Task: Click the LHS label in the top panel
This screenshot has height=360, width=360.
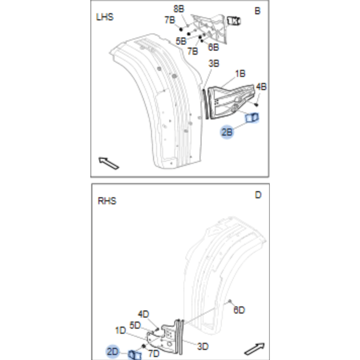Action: click(105, 17)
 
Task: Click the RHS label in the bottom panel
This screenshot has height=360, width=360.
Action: click(107, 201)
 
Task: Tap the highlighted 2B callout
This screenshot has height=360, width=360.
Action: click(227, 132)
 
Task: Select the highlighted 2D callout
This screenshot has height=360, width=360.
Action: click(113, 351)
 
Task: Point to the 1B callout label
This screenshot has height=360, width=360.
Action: click(240, 73)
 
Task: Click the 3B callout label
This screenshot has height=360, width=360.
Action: click(214, 63)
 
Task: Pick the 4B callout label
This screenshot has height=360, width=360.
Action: click(261, 87)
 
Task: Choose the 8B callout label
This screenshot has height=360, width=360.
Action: click(179, 9)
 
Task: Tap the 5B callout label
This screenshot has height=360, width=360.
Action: click(181, 41)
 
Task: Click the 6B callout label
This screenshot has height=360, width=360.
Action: click(213, 47)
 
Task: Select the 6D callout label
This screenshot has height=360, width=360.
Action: click(239, 310)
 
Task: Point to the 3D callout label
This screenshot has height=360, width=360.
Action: click(203, 347)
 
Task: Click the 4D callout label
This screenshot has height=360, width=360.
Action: click(143, 314)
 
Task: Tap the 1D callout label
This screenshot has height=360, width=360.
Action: click(120, 330)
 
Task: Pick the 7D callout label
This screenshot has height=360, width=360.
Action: click(154, 354)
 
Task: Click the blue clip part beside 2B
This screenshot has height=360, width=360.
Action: click(252, 118)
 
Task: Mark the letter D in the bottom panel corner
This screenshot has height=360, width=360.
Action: click(258, 195)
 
